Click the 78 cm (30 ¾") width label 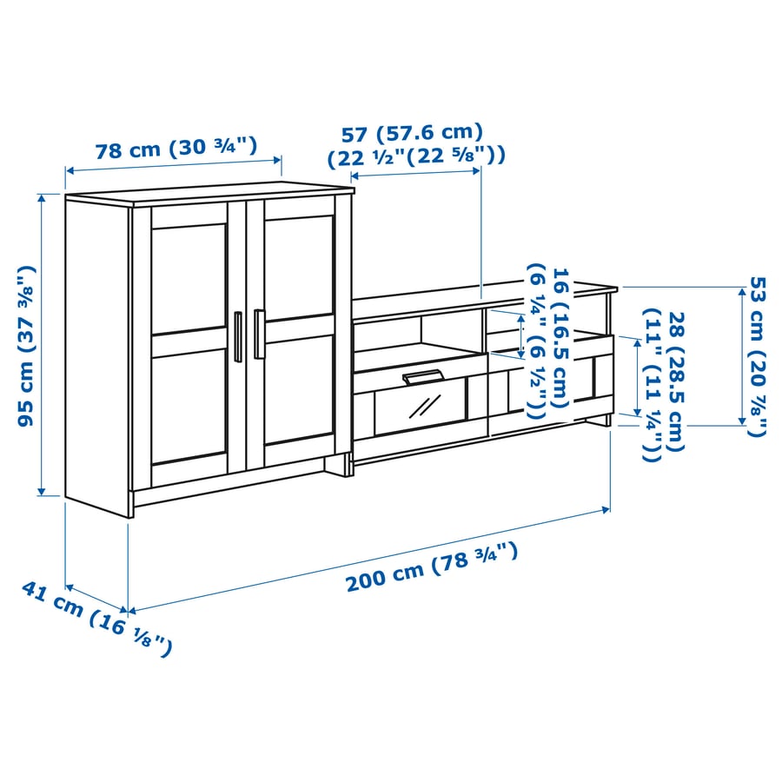tap(176, 148)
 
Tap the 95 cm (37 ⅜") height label tap(26, 346)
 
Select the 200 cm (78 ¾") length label tap(432, 567)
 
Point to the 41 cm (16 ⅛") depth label tap(96, 619)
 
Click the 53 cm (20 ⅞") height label tap(758, 356)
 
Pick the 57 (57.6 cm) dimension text tap(412, 133)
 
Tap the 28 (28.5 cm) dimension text tap(676, 381)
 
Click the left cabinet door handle tap(238, 336)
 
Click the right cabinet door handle tap(259, 335)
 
